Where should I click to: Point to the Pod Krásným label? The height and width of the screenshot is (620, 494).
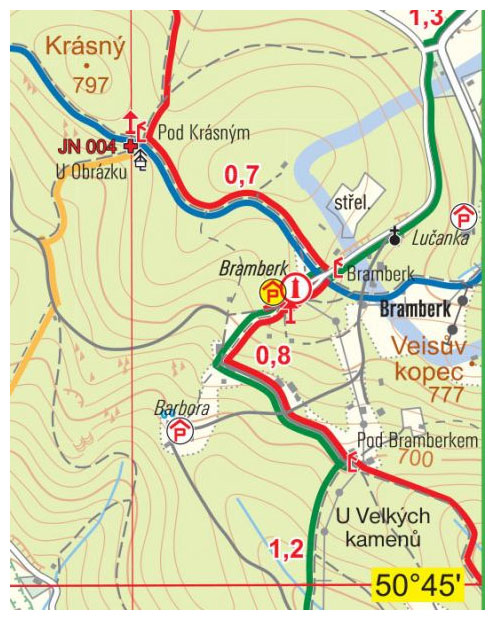point(203,132)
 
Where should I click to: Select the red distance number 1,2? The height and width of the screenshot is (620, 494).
point(286,548)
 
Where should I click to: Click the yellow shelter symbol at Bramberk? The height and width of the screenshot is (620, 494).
point(271,292)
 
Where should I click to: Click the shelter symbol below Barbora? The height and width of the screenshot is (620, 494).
point(179,431)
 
